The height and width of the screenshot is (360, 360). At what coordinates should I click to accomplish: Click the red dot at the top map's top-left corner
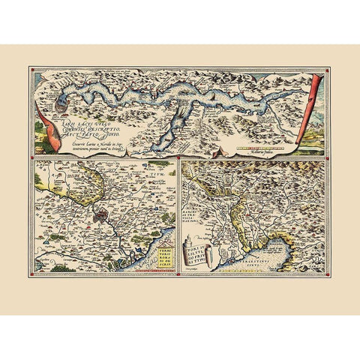pos(32,68)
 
